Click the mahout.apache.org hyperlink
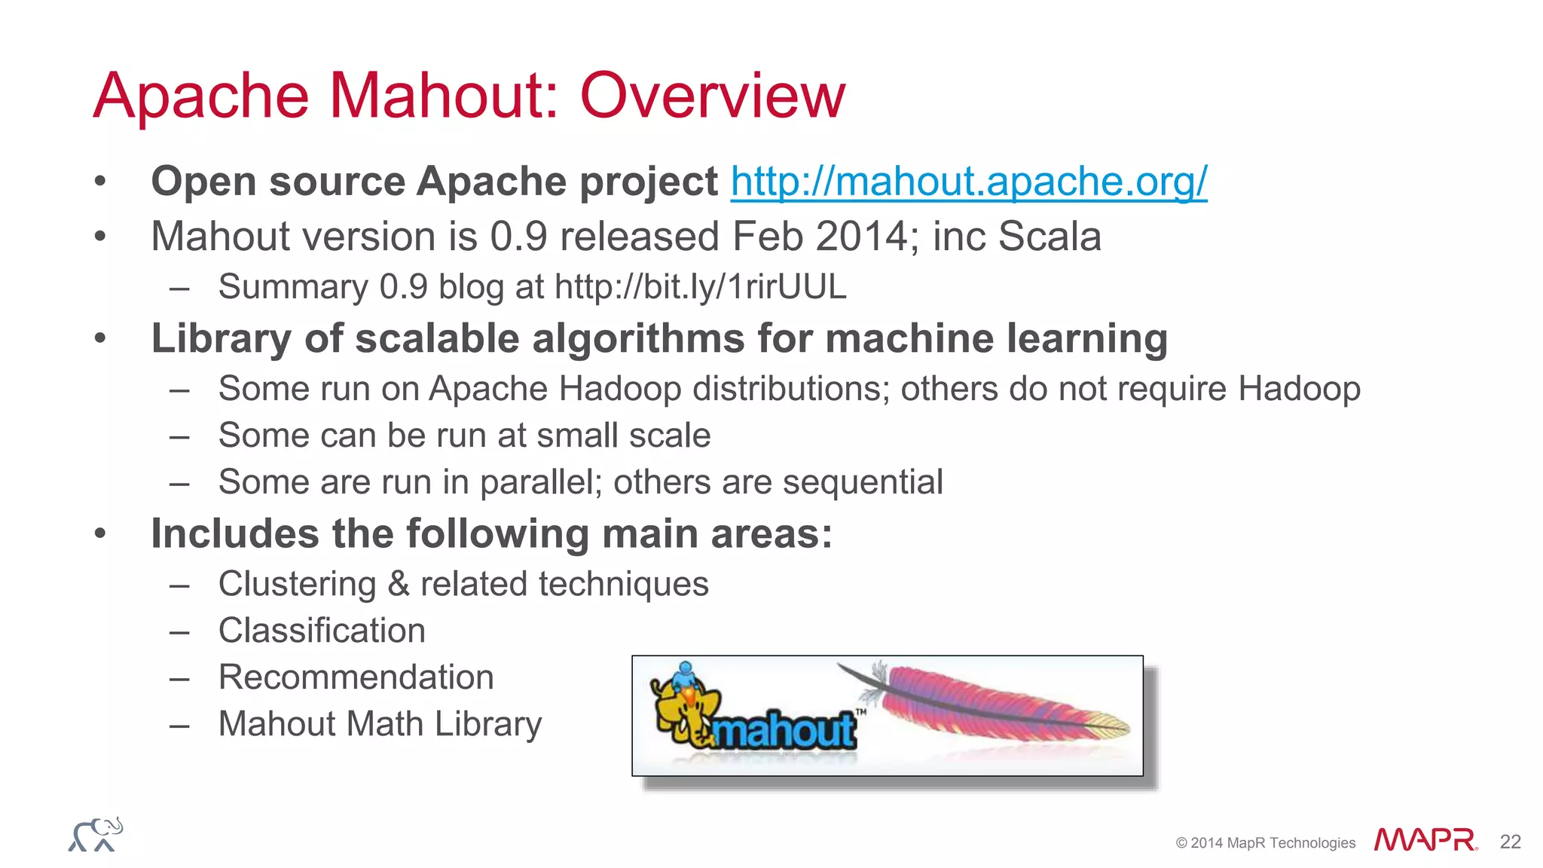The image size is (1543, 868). coord(968,182)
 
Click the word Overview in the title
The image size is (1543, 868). coord(712,96)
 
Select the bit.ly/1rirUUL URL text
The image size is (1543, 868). coord(700,287)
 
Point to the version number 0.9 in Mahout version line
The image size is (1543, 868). coord(518,237)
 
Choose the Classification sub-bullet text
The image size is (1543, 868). coord(322,631)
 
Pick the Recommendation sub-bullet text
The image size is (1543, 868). coord(356,677)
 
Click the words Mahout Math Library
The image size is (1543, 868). coord(380,724)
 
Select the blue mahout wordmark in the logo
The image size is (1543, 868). coord(784,729)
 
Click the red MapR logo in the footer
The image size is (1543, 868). coord(1425,840)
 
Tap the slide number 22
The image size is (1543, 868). coord(1510,842)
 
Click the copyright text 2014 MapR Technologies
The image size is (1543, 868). coord(1266,843)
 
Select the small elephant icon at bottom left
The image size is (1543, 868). coord(96,835)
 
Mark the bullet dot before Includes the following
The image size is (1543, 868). coord(100,534)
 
